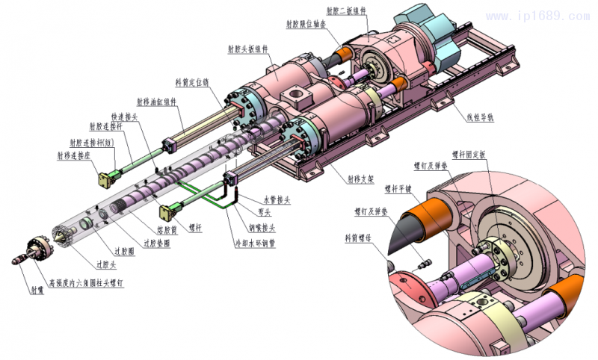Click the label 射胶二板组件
tap(347, 11)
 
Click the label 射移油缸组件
tap(156, 102)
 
